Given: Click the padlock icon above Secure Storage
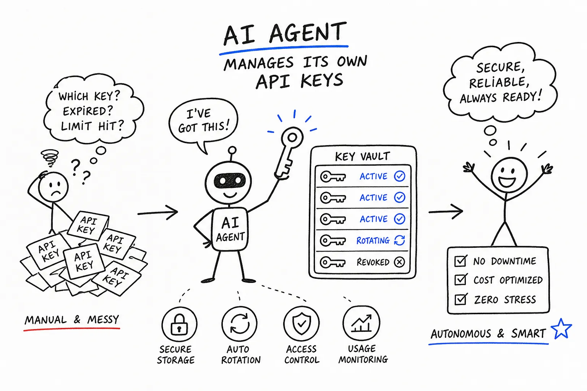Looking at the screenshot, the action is (x=179, y=325).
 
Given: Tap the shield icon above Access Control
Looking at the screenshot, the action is (x=302, y=323).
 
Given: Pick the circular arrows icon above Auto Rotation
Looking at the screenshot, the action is (x=240, y=324).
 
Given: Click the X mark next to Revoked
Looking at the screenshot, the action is (x=399, y=262).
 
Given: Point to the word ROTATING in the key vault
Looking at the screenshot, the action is (x=373, y=241).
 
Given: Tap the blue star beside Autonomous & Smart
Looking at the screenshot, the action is (x=561, y=329).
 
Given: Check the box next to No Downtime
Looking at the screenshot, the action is (x=460, y=261).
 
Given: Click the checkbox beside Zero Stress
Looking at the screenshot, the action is (x=460, y=299).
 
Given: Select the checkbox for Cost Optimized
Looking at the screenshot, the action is (x=460, y=280).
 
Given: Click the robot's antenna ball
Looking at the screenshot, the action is (x=232, y=150).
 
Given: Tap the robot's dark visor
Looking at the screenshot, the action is (x=230, y=181).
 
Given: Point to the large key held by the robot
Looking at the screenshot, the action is (x=288, y=153).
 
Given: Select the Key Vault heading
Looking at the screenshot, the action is (x=362, y=156).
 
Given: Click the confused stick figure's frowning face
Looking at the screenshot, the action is (x=54, y=187).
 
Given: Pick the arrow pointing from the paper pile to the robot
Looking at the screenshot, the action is (x=158, y=212).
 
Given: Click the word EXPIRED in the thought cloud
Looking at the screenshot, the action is (x=88, y=111).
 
